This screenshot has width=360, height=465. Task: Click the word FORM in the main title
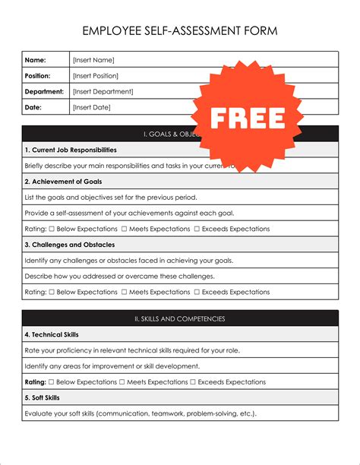[261, 31]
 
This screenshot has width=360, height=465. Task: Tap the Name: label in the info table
[36, 59]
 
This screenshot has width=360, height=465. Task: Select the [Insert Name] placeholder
[93, 59]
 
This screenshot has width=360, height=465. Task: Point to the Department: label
[43, 91]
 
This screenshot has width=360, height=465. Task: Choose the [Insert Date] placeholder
[91, 107]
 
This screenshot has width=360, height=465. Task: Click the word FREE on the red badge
[248, 118]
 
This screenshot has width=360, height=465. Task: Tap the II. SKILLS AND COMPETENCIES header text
[179, 318]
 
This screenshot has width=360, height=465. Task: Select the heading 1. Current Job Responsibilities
[71, 150]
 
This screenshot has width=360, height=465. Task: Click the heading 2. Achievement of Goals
[63, 182]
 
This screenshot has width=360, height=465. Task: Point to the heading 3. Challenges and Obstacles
[69, 245]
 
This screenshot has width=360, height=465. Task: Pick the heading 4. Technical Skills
[52, 334]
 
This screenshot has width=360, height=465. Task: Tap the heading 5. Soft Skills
[43, 397]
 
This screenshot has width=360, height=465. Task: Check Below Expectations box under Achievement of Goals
[52, 229]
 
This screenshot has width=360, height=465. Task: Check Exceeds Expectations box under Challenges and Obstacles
[196, 292]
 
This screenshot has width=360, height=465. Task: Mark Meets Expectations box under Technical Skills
[122, 381]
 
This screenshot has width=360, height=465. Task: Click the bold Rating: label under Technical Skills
[36, 381]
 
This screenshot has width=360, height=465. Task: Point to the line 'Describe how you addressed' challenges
[119, 276]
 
